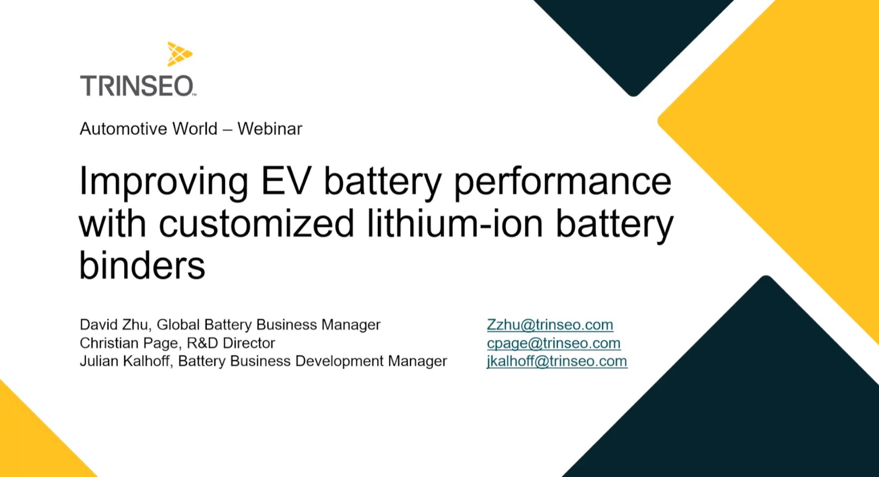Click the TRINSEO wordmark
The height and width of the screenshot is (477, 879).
click(137, 86)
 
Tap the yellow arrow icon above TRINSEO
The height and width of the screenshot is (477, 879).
click(179, 54)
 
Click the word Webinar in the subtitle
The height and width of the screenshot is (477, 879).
click(270, 129)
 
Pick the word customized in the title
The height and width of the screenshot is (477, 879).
click(256, 223)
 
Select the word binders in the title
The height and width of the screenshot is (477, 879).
click(142, 265)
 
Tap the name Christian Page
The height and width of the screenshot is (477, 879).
click(124, 343)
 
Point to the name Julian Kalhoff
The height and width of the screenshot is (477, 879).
click(125, 361)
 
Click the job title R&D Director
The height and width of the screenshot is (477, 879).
click(231, 343)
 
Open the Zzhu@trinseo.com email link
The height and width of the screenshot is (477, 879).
click(550, 325)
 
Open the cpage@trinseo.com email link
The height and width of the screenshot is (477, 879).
click(553, 343)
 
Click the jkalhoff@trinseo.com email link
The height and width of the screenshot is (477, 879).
click(557, 361)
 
